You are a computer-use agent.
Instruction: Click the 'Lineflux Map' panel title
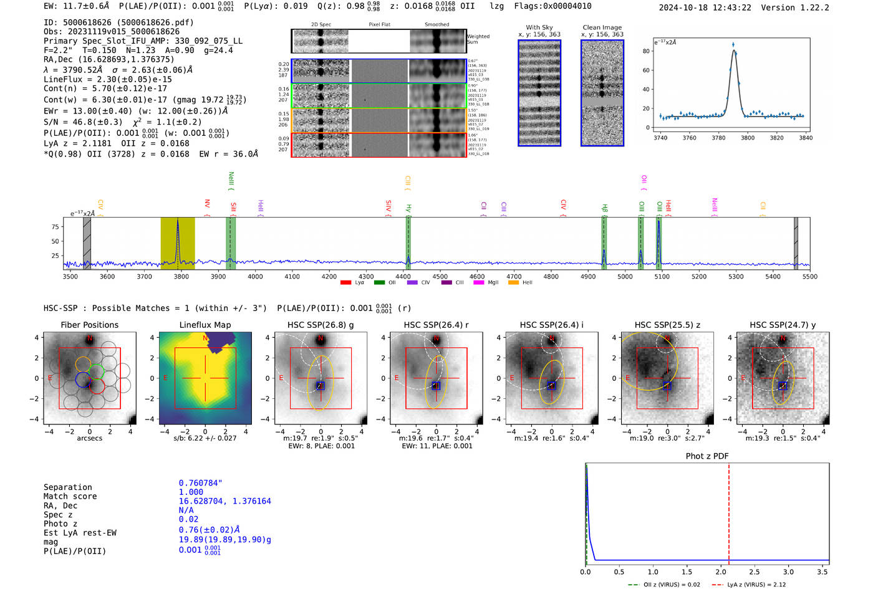(205, 325)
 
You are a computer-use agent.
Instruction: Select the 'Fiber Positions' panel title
(89, 325)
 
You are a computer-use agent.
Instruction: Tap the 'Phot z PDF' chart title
(707, 456)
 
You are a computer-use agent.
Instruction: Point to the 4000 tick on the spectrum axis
(255, 276)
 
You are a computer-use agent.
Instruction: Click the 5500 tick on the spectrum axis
(809, 276)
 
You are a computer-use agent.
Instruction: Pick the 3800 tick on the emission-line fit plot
(748, 138)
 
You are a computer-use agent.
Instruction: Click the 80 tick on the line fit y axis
(646, 51)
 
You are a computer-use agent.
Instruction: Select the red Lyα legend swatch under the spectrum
(345, 282)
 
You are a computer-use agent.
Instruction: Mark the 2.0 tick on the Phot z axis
(720, 572)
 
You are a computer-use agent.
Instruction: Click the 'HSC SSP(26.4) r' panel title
(436, 325)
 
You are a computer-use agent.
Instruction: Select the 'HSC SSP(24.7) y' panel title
(783, 325)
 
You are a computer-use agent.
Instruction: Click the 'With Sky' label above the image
(539, 27)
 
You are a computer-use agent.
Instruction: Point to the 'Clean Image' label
(602, 27)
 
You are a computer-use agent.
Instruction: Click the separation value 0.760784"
(200, 483)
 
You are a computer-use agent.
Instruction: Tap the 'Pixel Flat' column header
(379, 25)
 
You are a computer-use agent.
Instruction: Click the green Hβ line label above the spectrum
(604, 208)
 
